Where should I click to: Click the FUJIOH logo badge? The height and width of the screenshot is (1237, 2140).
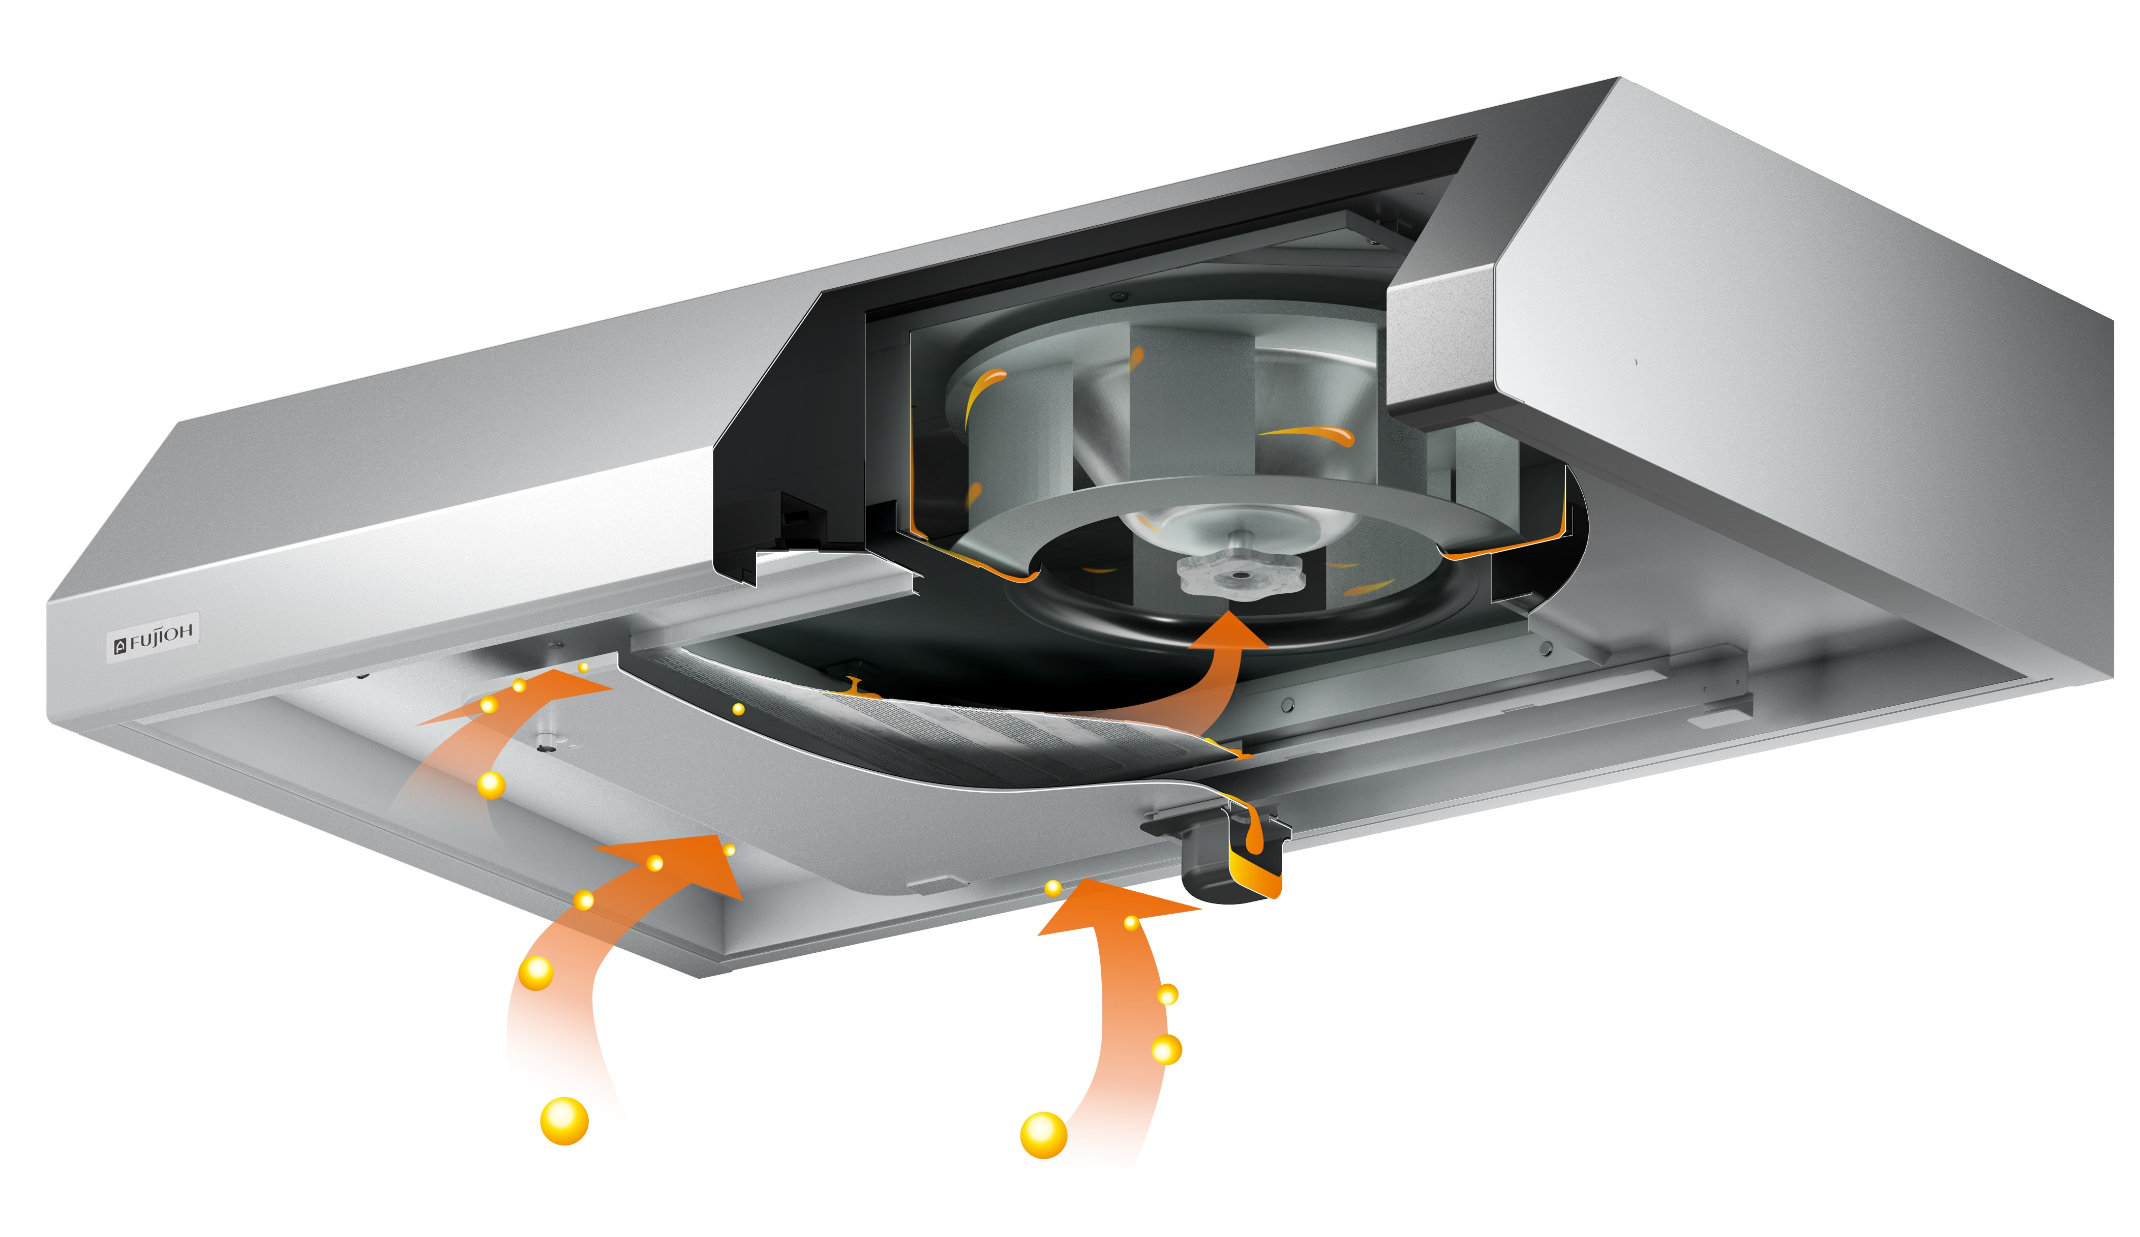point(154,637)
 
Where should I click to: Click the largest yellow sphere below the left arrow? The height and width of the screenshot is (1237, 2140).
point(564,1121)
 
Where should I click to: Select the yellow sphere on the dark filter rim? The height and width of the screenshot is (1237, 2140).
point(738,709)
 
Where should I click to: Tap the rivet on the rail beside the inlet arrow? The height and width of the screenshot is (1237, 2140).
point(1287,704)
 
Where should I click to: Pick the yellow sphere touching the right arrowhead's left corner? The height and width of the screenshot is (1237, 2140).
point(1053,888)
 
